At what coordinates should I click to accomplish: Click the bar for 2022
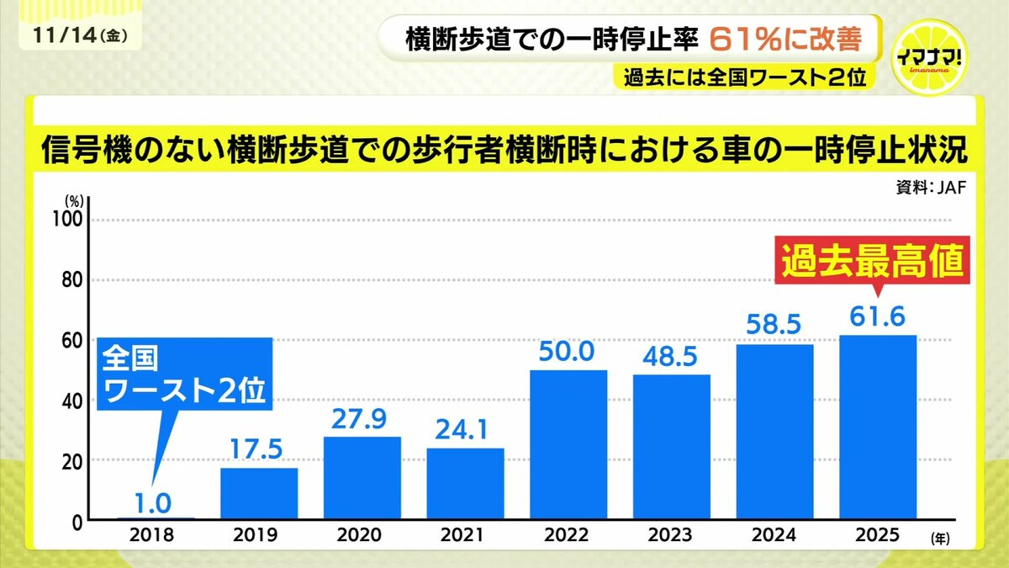click(x=568, y=445)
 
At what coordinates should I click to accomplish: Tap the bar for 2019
click(x=259, y=493)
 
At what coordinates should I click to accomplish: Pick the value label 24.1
click(x=465, y=429)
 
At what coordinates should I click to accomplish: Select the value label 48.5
click(x=671, y=355)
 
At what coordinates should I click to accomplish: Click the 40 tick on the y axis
click(x=75, y=401)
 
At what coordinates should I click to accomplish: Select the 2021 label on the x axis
click(x=464, y=535)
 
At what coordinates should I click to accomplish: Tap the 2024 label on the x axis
click(x=774, y=535)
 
